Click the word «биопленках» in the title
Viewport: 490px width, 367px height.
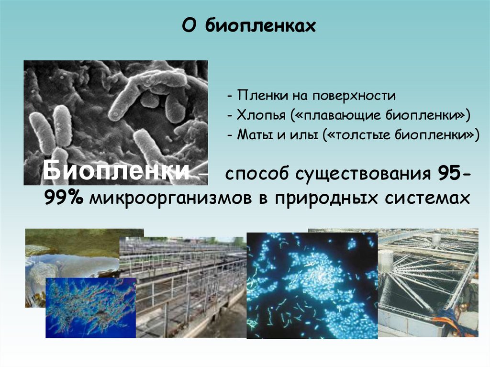pos(261,26)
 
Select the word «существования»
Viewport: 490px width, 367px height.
pos(363,175)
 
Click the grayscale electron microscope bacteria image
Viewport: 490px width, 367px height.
pos(115,110)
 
